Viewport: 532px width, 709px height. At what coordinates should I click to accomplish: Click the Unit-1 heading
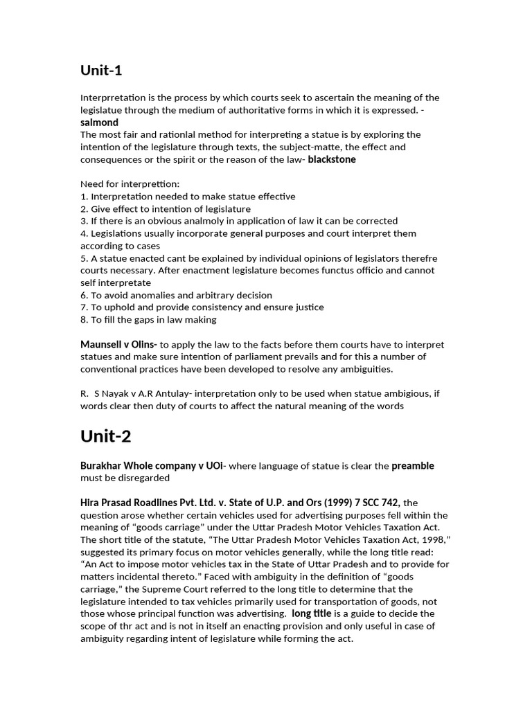(x=101, y=70)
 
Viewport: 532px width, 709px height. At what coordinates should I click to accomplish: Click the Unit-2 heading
(x=105, y=436)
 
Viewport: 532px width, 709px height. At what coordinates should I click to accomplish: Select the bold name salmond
(x=99, y=123)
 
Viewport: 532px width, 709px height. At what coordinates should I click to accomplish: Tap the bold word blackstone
(x=332, y=159)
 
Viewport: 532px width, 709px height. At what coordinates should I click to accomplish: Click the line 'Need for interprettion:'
(x=130, y=184)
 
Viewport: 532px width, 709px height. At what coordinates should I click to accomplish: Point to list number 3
(x=84, y=221)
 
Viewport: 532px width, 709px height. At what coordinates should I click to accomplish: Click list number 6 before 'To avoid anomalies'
(x=84, y=295)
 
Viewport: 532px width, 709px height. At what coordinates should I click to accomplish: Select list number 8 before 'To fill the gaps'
(x=84, y=320)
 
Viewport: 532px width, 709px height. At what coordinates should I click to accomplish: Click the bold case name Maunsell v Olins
(x=118, y=345)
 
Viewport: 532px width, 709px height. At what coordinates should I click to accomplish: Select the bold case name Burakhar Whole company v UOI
(x=152, y=466)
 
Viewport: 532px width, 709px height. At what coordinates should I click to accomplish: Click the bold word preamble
(x=413, y=466)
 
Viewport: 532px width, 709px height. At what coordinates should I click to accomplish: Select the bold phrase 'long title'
(x=311, y=614)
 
